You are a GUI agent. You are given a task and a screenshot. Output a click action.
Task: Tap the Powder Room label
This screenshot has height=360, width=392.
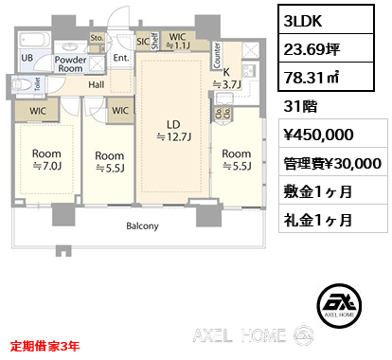click(72, 63)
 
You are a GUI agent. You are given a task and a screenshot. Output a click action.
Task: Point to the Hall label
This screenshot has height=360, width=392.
click(97, 84)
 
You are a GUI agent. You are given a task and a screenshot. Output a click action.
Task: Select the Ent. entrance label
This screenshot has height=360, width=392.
click(120, 57)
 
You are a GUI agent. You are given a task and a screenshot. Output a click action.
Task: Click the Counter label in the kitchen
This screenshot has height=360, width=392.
click(216, 55)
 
